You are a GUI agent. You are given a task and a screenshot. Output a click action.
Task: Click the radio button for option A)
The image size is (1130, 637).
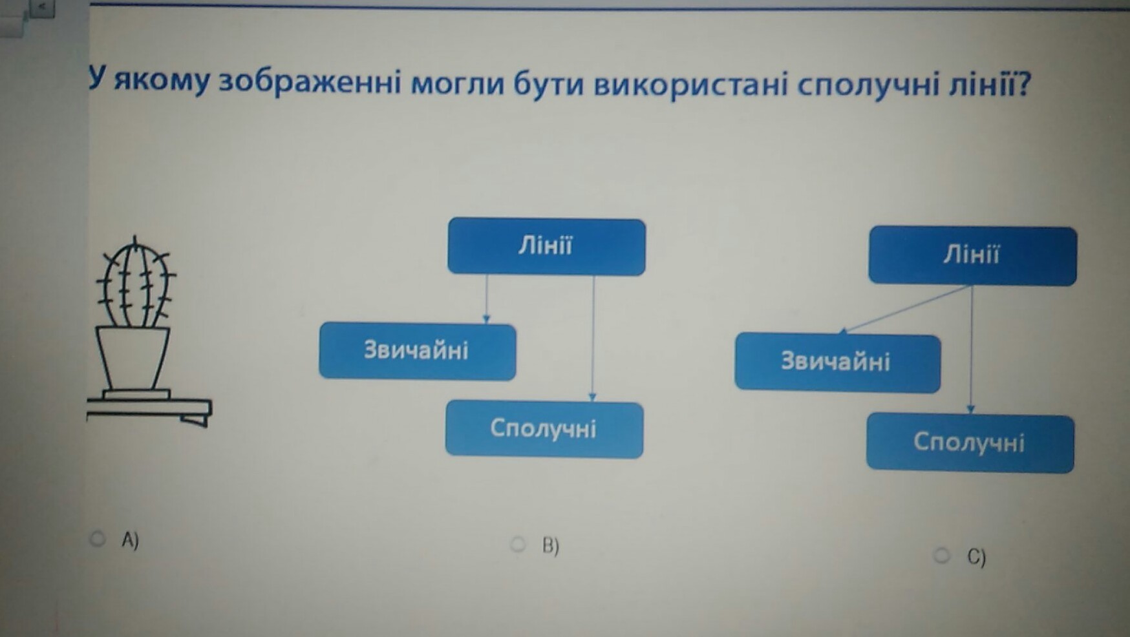tap(98, 538)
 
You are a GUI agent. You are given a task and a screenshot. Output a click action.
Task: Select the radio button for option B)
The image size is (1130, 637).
tap(518, 544)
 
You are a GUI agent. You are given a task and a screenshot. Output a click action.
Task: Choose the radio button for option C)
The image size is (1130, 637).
tap(942, 554)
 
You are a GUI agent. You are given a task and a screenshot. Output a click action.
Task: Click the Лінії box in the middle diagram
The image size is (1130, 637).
tap(546, 247)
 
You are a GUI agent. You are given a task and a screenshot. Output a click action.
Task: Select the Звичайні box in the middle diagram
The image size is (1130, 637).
tap(417, 351)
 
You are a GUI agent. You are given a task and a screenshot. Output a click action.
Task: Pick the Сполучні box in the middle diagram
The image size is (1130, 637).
tap(544, 429)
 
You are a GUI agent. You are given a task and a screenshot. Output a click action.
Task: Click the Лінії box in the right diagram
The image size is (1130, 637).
tap(972, 256)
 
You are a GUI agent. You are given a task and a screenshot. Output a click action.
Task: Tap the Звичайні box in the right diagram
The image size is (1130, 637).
tap(837, 362)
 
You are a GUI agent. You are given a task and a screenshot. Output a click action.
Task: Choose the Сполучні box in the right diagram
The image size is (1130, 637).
tap(970, 443)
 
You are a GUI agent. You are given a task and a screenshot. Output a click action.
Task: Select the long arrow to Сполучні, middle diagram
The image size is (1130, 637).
tap(593, 336)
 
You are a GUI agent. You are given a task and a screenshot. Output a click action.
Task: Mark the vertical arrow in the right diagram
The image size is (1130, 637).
tap(971, 349)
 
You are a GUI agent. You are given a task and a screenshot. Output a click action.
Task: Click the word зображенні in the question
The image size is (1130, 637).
tap(310, 83)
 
